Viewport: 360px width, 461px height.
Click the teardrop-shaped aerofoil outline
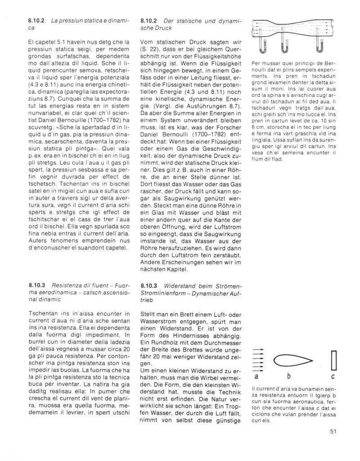290,360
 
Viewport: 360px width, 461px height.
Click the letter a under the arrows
256,376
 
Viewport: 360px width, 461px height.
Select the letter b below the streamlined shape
291,376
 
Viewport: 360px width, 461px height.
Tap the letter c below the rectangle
333,376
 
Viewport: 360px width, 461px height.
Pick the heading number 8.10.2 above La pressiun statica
37,21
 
